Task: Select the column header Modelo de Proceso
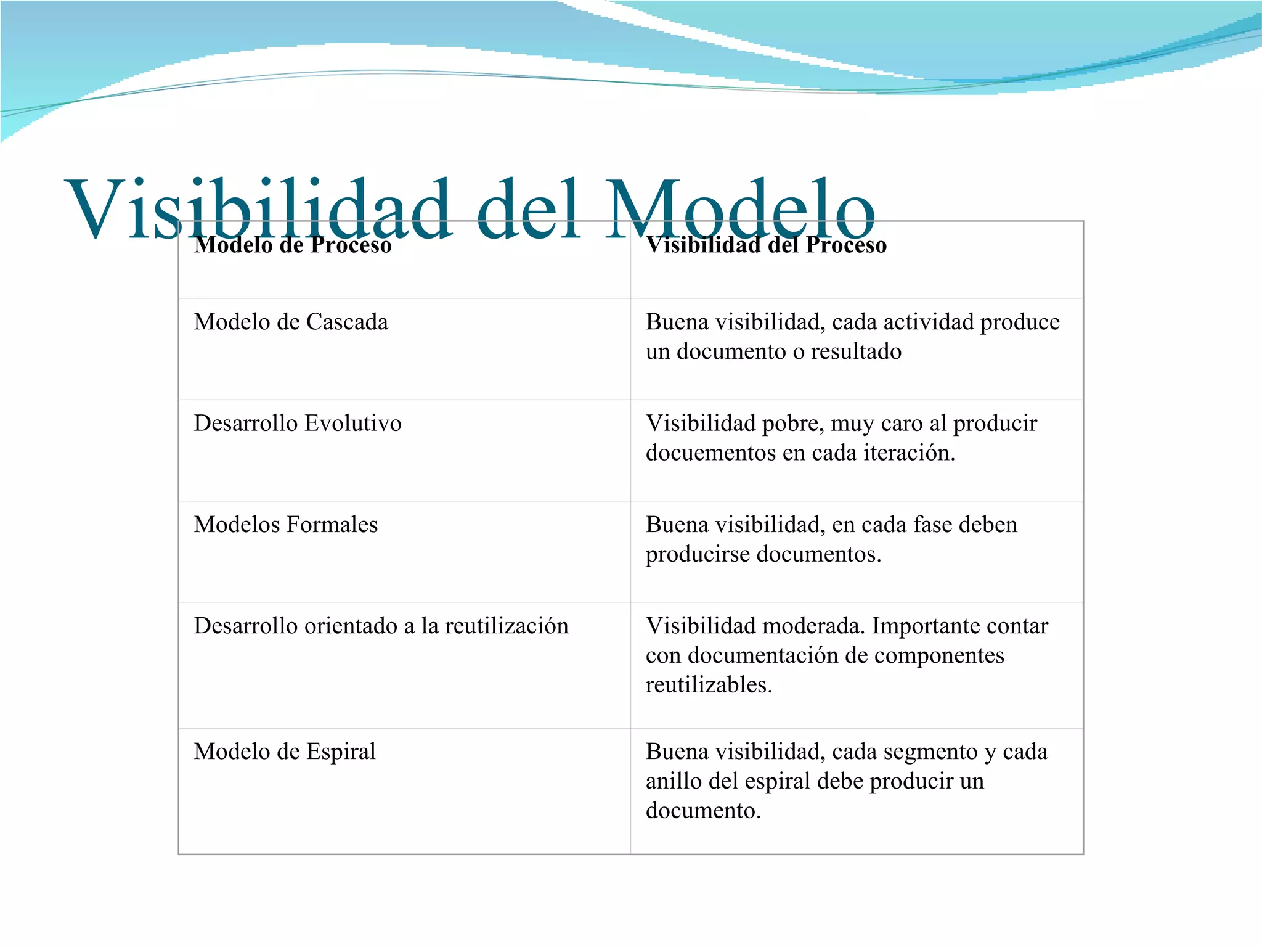293,245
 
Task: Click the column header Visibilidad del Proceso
766,245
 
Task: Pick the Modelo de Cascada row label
291,322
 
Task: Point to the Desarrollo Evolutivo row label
298,424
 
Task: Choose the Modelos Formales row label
286,525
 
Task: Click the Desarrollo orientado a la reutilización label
381,626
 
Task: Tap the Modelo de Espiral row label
285,752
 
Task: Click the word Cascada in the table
347,322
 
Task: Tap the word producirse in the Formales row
698,554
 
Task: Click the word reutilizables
709,685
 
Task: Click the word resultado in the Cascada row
856,351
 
